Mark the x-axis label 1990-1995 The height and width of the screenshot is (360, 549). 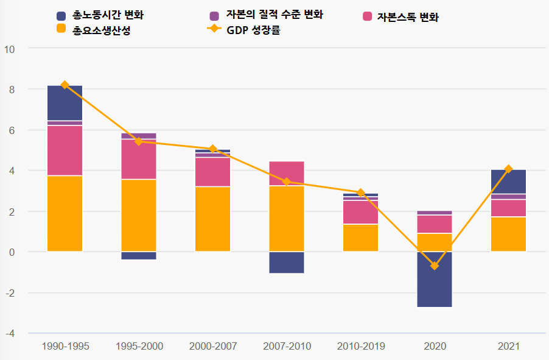coord(65,346)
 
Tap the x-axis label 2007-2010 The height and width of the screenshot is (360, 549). coord(287,346)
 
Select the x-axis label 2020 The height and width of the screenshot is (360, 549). coord(435,346)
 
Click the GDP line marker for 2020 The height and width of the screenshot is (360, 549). coord(435,266)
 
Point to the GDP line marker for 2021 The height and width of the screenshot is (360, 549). coord(508,169)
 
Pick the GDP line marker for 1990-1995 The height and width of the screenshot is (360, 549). coord(65,85)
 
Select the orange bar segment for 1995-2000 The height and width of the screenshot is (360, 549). coord(139,215)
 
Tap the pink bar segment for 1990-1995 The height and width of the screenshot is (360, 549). coord(65,150)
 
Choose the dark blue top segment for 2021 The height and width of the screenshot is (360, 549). coord(508,182)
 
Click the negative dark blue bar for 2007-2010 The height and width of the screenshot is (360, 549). coord(287,262)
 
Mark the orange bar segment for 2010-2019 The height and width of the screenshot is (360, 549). coord(360,238)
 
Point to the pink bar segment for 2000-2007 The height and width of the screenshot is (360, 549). coord(213,172)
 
